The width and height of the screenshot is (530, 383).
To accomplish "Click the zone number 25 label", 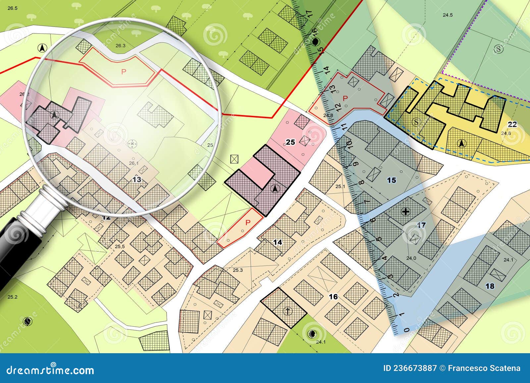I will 290,142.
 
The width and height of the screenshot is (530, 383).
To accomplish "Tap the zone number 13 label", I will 136,180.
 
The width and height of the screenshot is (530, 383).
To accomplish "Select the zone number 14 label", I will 278,242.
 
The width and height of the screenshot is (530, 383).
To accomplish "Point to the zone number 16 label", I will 333,297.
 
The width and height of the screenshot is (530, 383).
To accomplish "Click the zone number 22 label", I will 512,124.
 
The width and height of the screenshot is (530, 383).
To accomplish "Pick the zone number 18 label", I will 490,286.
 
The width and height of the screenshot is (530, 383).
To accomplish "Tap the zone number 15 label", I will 392,180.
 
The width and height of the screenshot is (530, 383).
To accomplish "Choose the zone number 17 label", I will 421,225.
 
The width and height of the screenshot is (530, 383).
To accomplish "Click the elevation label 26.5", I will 12,8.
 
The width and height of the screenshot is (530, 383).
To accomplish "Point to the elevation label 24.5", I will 448,15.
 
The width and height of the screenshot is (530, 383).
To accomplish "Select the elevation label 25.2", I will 12,297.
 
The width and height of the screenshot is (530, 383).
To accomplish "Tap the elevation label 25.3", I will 238,270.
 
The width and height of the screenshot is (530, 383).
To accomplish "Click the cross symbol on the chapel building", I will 288,311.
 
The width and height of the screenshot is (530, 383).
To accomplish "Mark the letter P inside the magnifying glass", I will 124,72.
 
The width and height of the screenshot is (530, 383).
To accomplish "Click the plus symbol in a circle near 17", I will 405,212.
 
